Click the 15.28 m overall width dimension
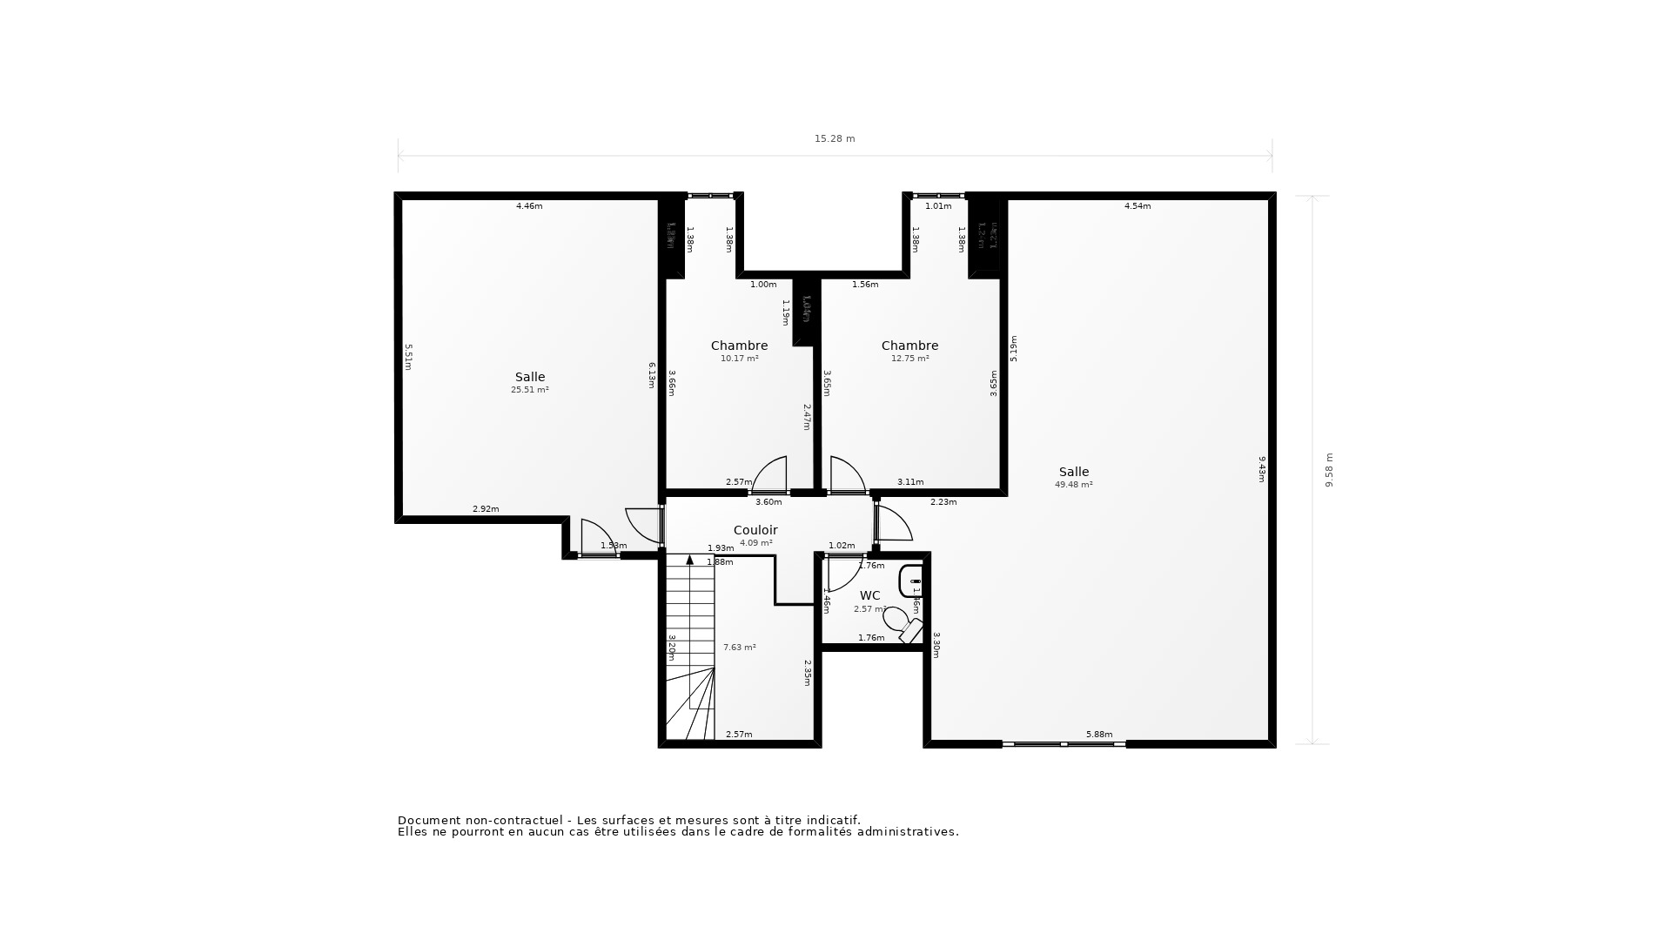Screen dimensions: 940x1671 pos(834,138)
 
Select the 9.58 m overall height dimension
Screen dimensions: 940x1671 pos(1328,470)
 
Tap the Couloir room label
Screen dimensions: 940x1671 pos(755,530)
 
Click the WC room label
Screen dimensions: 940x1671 pos(869,595)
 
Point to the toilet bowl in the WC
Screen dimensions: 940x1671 pos(896,620)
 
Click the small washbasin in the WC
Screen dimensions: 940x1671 pos(910,581)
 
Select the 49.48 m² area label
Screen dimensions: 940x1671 pos(1073,485)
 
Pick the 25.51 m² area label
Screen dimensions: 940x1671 pos(529,390)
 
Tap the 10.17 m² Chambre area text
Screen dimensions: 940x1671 pos(739,359)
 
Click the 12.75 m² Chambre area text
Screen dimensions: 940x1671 pos(909,359)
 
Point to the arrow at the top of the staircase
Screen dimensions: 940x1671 pos(690,560)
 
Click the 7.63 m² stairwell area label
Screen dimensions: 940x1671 pos(739,648)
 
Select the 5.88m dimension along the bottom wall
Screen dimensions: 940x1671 pos(1098,735)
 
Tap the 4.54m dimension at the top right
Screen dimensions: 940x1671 pos(1137,206)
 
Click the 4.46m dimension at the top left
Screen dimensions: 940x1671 pos(529,206)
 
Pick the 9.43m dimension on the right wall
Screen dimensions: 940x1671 pos(1261,468)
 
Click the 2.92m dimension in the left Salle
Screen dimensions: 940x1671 pos(486,509)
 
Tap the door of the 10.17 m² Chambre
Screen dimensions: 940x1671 pos(771,474)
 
